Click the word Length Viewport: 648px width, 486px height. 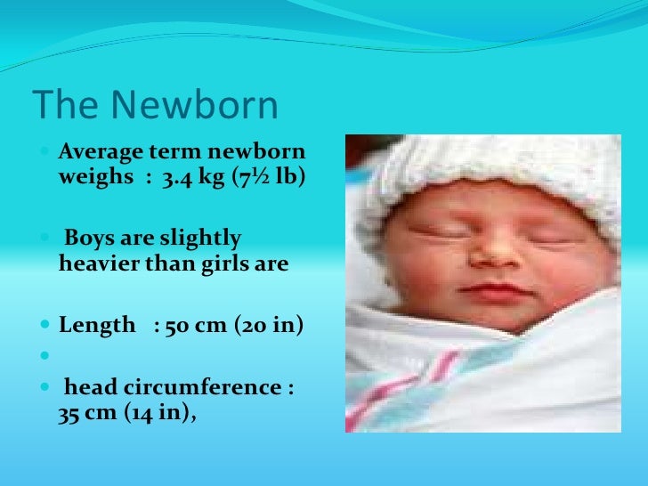(x=96, y=326)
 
